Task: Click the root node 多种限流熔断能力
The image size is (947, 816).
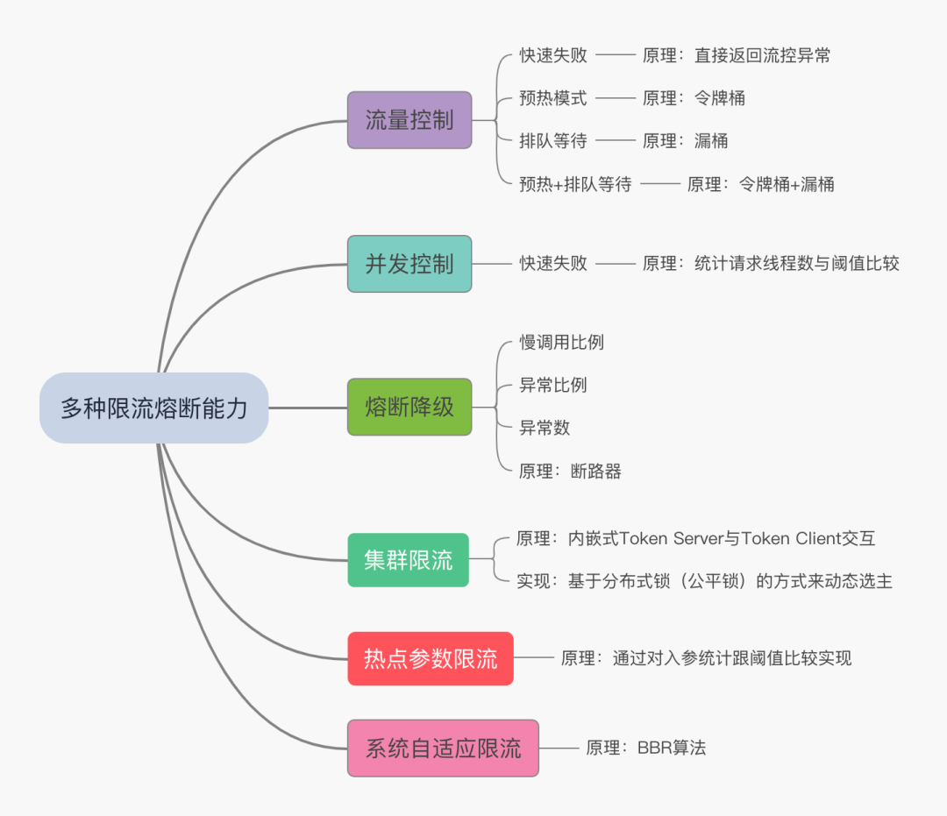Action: coord(153,408)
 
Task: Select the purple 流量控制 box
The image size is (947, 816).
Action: coord(409,120)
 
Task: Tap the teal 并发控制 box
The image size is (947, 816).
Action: coord(409,264)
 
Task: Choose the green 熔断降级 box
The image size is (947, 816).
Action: coord(409,408)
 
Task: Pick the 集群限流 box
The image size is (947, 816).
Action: coord(408,560)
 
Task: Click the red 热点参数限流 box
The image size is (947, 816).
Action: coord(431,658)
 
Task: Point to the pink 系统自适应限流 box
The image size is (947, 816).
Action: coord(443,748)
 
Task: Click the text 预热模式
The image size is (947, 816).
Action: coord(552,98)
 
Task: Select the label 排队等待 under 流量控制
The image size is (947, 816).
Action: coord(552,141)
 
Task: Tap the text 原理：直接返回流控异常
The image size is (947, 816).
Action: coord(737,55)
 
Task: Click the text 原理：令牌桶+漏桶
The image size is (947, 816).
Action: coord(760,184)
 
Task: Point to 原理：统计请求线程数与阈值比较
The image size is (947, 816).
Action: coord(771,263)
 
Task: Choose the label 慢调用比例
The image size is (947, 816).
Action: coord(561,342)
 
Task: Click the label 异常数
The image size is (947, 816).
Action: coord(545,428)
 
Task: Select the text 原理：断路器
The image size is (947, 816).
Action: coord(570,472)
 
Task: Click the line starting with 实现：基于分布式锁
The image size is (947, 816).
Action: coord(704,581)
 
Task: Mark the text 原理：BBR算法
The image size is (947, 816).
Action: coord(646,748)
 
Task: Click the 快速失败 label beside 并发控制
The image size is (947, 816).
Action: coord(552,263)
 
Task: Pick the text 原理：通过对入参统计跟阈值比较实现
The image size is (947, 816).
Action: coord(706,658)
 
